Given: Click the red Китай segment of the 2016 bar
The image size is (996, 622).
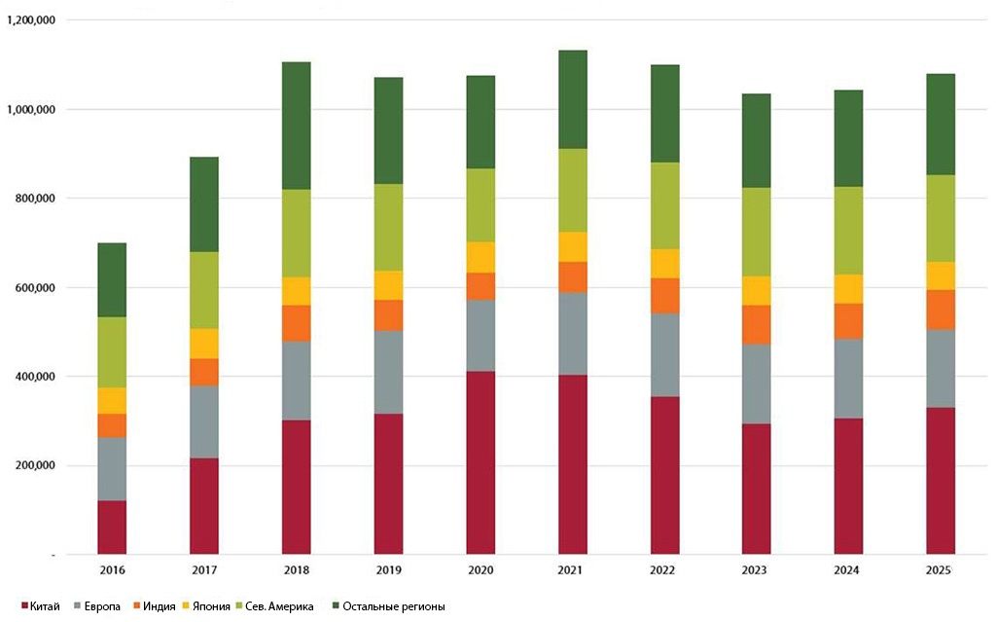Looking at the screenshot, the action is (x=112, y=528).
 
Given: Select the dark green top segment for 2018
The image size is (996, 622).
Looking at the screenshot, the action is (x=296, y=126).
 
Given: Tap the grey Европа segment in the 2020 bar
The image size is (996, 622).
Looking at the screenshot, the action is (x=480, y=335).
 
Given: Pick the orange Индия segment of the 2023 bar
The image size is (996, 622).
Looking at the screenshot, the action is (x=757, y=324).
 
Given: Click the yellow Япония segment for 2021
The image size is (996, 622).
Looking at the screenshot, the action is (x=572, y=247).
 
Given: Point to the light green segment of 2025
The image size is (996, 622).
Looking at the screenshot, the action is (x=941, y=218).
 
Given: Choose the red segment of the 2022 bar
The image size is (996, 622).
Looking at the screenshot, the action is (x=664, y=476).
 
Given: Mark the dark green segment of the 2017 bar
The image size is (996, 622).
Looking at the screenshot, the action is (x=204, y=204).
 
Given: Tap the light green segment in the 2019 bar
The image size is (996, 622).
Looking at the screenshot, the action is (x=388, y=227).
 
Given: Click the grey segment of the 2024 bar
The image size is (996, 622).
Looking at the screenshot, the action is (x=848, y=379).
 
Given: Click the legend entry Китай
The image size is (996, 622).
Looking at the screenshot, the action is (x=41, y=606).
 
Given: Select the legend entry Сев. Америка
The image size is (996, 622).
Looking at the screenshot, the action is (x=274, y=606).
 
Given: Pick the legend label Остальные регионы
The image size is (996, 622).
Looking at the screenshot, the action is (x=393, y=606).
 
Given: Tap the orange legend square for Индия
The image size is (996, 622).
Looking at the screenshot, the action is (x=136, y=606).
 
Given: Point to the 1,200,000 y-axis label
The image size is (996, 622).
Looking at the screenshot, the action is (x=30, y=20).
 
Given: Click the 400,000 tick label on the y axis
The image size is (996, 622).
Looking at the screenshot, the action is (x=35, y=377).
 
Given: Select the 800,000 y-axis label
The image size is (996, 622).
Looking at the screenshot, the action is (x=35, y=199).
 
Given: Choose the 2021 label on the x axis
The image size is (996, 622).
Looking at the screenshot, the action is (x=570, y=569).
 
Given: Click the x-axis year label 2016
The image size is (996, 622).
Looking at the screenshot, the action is (x=113, y=569).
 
